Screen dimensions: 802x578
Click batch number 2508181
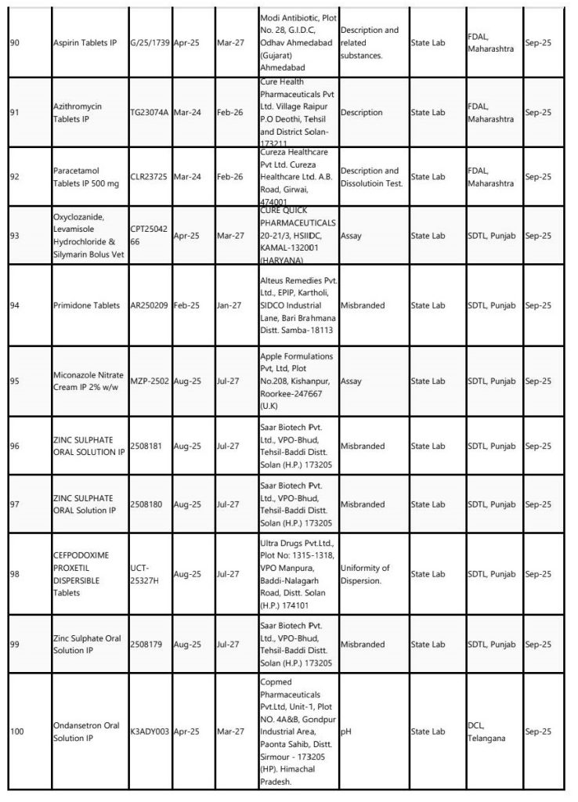(x=147, y=446)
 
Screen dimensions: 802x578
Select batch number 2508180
(x=147, y=504)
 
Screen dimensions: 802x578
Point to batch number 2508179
(x=147, y=645)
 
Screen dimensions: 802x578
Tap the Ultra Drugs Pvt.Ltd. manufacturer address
(x=297, y=574)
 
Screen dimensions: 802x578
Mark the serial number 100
(x=16, y=731)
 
